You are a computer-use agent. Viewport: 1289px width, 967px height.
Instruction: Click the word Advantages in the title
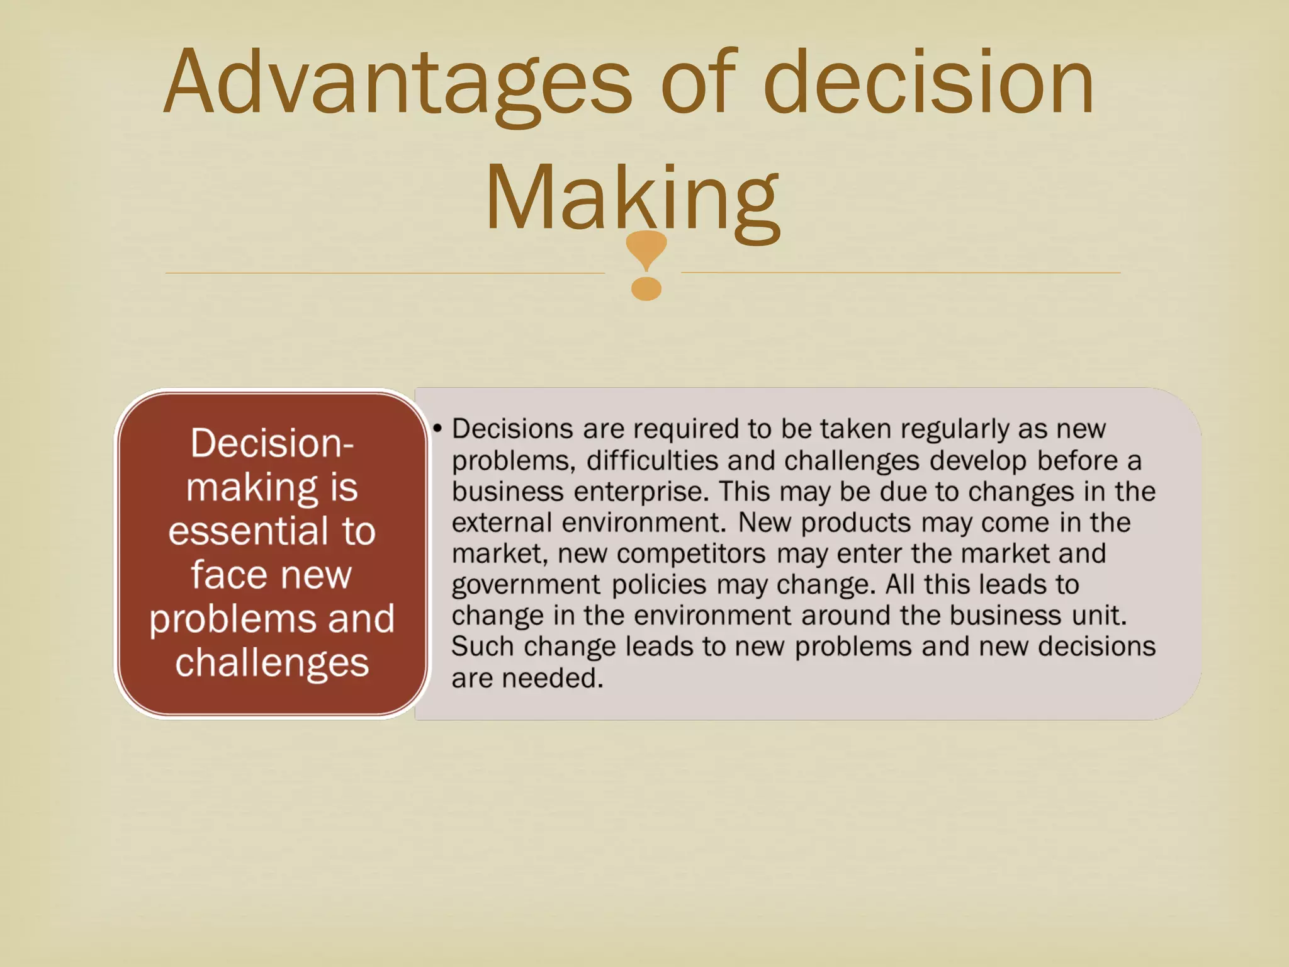click(x=397, y=83)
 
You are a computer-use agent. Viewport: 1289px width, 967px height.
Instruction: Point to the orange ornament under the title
click(x=646, y=264)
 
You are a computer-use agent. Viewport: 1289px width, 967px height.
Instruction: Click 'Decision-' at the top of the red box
click(x=272, y=443)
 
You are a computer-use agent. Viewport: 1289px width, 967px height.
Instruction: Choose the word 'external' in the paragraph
click(x=502, y=523)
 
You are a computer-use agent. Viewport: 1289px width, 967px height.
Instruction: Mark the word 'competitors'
click(x=691, y=554)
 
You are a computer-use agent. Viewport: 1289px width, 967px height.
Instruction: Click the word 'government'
click(x=526, y=585)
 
